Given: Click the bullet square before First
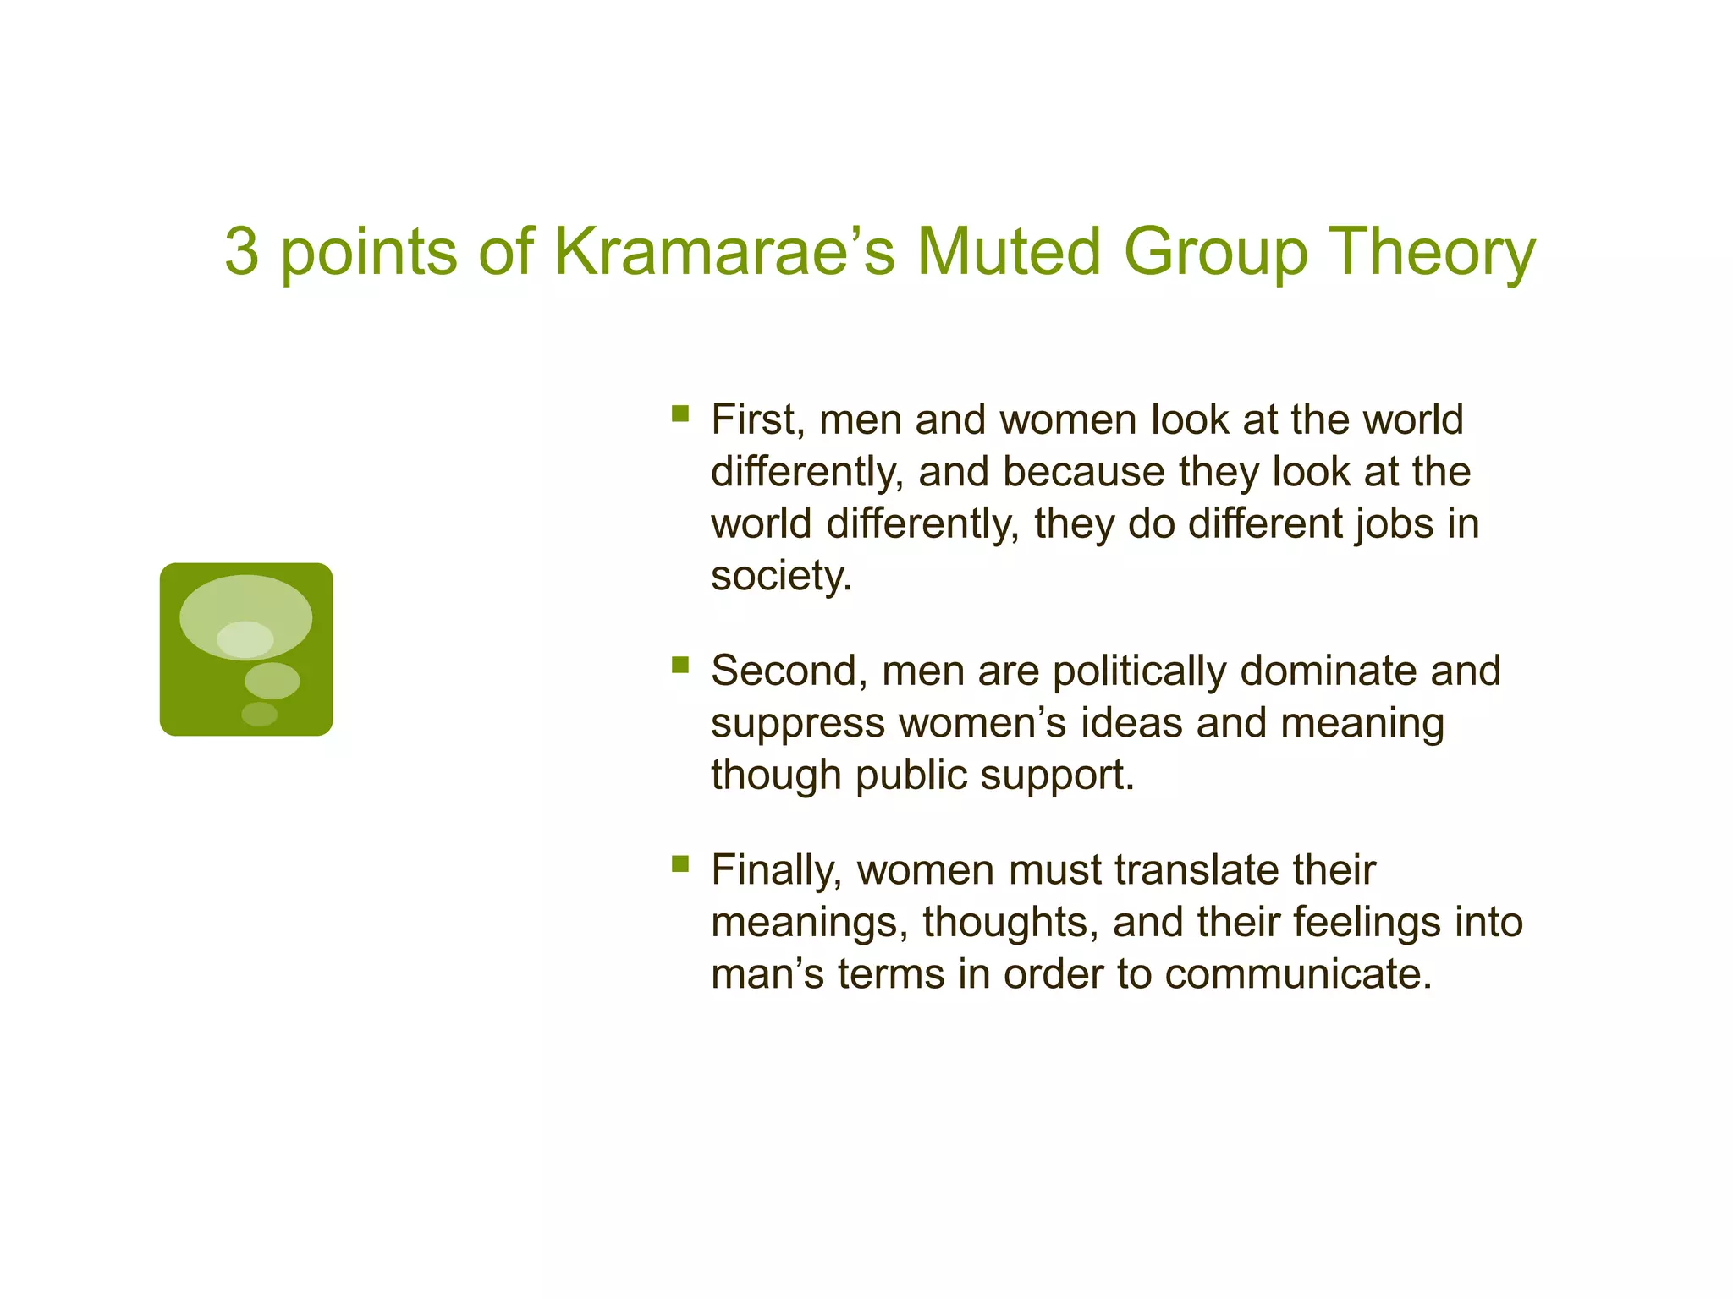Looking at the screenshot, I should coord(680,414).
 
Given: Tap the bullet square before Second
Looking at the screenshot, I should coord(680,665).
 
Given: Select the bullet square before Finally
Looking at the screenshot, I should coord(680,863).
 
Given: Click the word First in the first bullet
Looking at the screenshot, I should coord(757,419).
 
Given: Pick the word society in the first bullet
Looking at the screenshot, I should coord(780,577).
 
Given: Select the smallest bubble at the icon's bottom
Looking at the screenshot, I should coord(259,714).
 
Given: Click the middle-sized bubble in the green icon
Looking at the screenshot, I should coord(272,680).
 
